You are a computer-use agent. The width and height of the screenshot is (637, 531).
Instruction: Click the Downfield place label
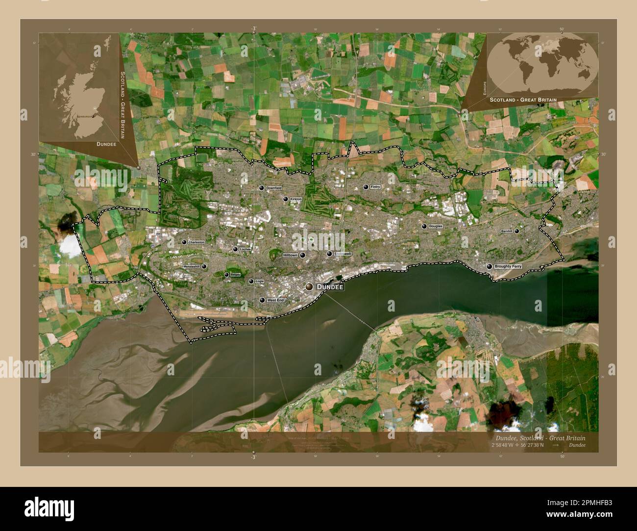click(274, 188)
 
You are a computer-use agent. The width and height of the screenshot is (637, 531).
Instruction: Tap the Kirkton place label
click(296, 199)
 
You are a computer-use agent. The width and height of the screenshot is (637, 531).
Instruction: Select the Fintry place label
click(375, 187)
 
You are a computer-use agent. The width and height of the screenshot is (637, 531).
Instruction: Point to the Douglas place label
click(435, 226)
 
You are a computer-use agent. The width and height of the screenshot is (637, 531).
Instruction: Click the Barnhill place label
click(507, 231)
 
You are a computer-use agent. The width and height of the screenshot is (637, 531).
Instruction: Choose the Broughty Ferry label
click(508, 266)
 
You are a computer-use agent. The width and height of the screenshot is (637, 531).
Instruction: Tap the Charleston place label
click(196, 242)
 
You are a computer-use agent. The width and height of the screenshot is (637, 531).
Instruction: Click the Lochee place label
click(245, 249)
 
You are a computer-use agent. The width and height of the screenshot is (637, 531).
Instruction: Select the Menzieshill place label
click(192, 266)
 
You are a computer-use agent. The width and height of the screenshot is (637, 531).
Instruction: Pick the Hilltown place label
click(290, 255)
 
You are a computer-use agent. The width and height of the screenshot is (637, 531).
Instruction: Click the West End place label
click(275, 300)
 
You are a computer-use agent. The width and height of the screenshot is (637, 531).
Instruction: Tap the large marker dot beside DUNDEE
click(309, 287)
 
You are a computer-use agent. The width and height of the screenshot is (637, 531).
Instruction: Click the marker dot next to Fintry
click(366, 187)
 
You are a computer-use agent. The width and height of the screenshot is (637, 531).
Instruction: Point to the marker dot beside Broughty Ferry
click(489, 266)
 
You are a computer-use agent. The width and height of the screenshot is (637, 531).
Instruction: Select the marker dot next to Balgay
click(226, 275)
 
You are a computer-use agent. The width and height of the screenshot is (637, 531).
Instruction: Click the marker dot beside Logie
click(251, 282)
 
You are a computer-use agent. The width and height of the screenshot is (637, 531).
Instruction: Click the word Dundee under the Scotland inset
click(106, 145)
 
